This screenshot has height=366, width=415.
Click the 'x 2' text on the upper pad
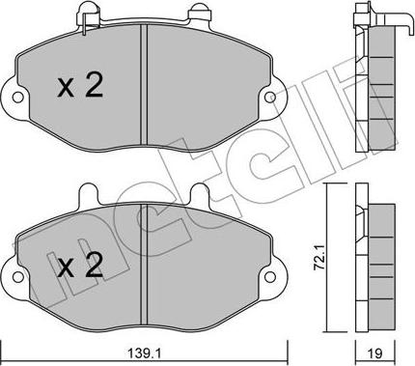tap(80, 88)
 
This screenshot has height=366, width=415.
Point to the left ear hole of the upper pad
tap(15, 99)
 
